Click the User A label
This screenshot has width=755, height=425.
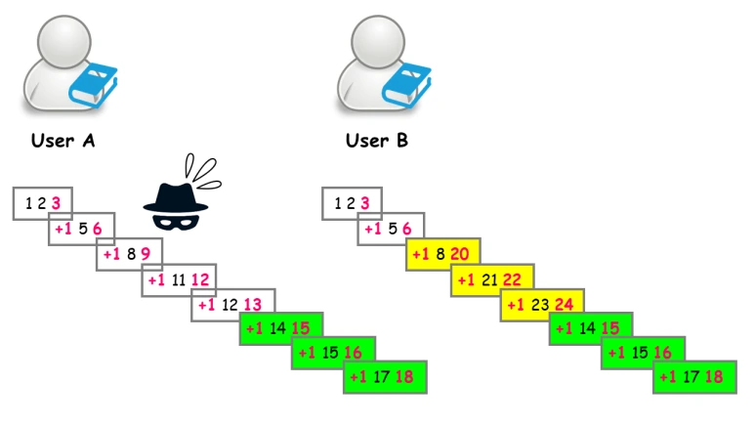point(63,140)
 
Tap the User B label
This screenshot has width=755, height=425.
point(376,140)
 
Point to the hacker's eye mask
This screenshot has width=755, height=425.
point(175,221)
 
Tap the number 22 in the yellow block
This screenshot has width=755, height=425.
point(513,279)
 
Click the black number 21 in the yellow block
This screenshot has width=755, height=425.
point(489,279)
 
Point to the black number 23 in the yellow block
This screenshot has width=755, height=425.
point(538,304)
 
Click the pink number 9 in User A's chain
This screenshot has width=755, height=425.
point(145,255)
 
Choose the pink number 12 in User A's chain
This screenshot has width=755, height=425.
point(201,280)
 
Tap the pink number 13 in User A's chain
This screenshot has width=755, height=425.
point(251,305)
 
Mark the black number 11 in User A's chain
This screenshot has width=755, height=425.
point(179,280)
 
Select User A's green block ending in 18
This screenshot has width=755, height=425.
point(386,376)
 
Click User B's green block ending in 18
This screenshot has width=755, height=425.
point(694,376)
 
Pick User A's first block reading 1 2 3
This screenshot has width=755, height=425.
point(42,203)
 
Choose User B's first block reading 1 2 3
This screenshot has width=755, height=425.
point(352,203)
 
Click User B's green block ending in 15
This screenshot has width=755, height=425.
point(590,328)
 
